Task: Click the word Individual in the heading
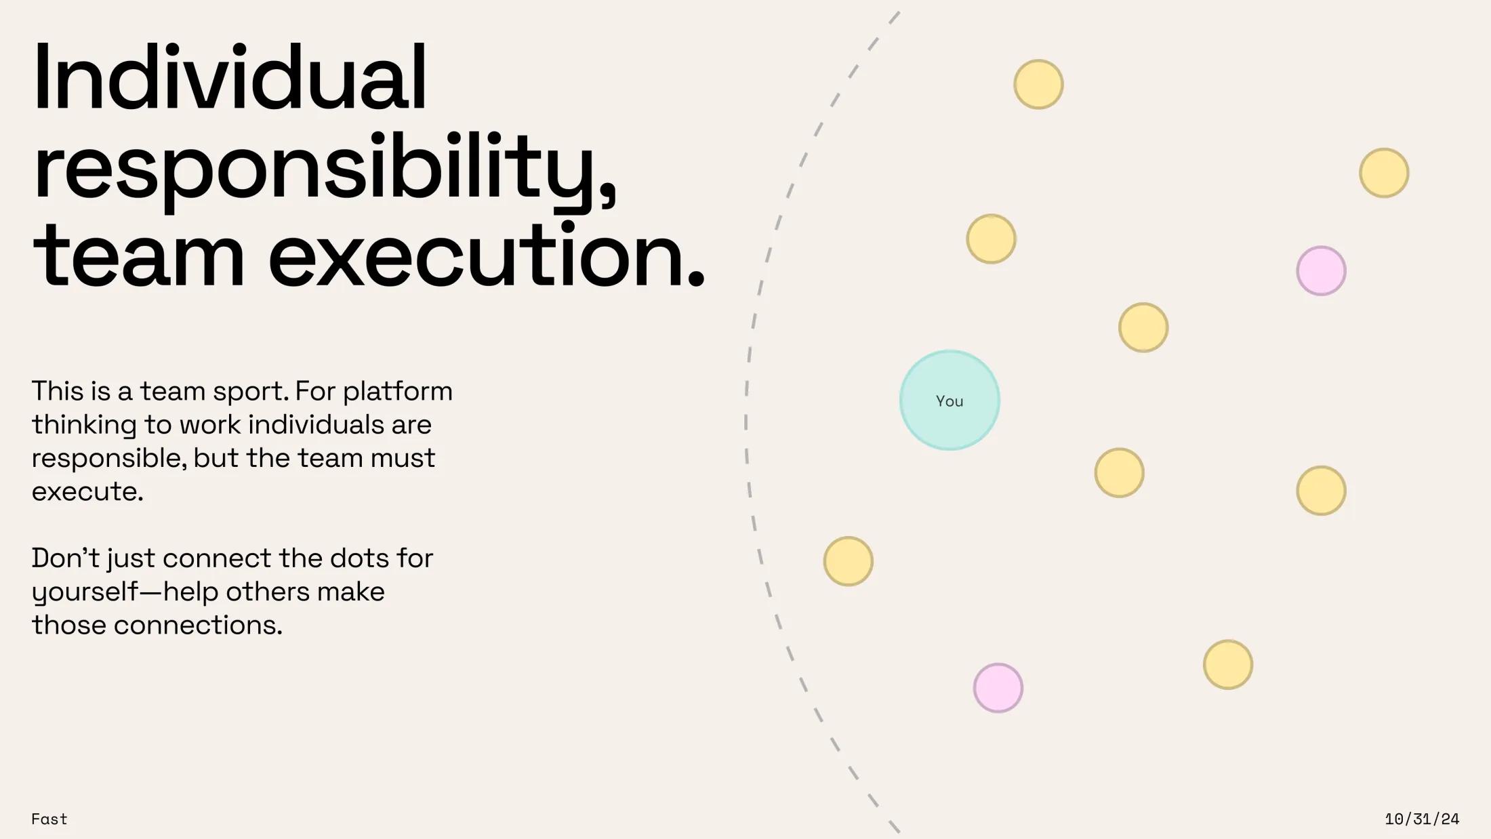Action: [230, 77]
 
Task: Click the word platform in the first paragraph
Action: [398, 392]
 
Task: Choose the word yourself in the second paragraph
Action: [85, 593]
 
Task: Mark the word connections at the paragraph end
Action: [198, 626]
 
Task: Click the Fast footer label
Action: [49, 819]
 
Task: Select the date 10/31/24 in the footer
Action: [1422, 819]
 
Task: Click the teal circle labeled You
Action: [949, 400]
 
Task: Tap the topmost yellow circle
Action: [1038, 84]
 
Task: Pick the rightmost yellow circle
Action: [1384, 173]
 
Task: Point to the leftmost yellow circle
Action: [848, 561]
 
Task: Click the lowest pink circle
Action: [998, 688]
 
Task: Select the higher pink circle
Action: [1321, 270]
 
